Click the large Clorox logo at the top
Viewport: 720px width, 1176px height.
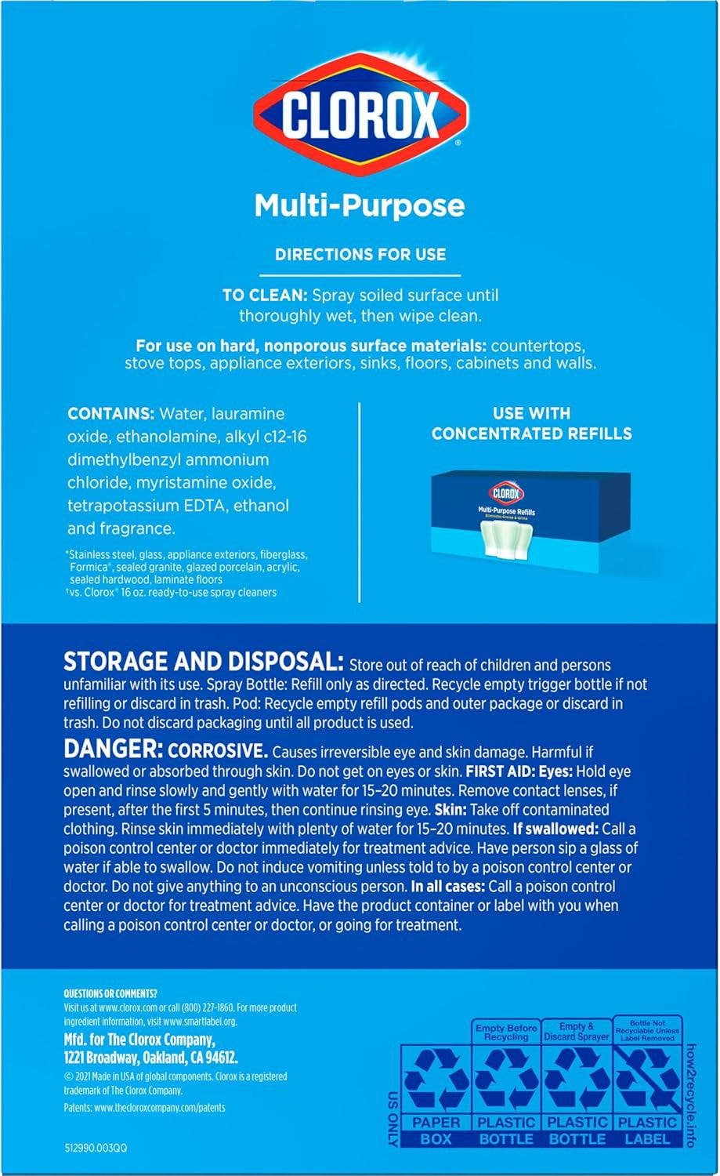360,114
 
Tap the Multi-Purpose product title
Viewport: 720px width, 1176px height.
360,205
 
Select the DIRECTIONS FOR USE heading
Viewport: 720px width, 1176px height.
360,254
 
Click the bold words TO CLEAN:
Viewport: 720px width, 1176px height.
265,296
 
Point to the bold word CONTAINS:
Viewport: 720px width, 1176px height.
110,414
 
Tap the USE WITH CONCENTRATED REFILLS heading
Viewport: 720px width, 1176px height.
531,423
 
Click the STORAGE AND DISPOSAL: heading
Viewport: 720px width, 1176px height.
203,662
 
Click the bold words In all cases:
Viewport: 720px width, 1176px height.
447,887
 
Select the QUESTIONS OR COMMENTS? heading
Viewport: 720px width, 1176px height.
110,993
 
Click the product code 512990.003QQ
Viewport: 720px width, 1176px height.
95,1148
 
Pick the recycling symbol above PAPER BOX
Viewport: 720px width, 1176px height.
436,1080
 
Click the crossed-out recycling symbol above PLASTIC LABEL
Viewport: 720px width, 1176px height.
647,1080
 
